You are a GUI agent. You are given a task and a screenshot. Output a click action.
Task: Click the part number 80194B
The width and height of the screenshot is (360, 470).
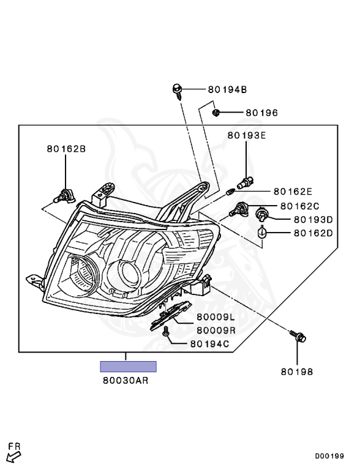(x=227, y=89)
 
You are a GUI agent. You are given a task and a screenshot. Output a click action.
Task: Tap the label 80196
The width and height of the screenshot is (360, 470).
(x=262, y=113)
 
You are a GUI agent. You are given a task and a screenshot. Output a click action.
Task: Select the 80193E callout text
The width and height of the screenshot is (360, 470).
(x=247, y=135)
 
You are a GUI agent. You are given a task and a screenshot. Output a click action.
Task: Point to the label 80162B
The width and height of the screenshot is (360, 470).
(x=66, y=149)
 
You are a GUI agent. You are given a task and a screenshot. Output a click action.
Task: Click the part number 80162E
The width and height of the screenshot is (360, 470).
(x=293, y=191)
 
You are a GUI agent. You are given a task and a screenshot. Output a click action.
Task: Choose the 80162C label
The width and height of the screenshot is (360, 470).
(x=300, y=206)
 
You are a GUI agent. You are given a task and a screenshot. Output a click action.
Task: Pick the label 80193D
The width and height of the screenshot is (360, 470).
(x=313, y=220)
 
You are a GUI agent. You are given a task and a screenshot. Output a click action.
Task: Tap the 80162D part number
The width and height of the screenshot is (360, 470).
(x=313, y=233)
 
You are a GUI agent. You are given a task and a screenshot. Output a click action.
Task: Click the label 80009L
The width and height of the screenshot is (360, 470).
(x=216, y=317)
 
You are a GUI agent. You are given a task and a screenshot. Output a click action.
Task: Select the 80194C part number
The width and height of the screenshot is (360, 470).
(x=210, y=344)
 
